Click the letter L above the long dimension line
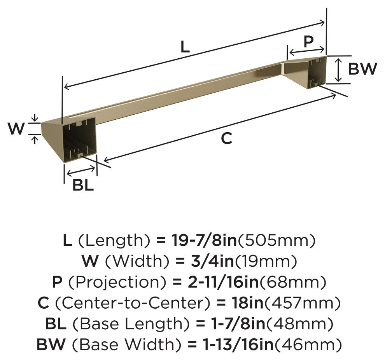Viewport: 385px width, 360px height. tap(185, 47)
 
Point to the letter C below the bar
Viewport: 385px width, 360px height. tap(226, 138)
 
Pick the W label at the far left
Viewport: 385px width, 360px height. tap(16, 128)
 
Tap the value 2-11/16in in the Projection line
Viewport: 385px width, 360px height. tap(223, 282)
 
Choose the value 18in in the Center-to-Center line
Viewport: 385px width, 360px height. tap(247, 303)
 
